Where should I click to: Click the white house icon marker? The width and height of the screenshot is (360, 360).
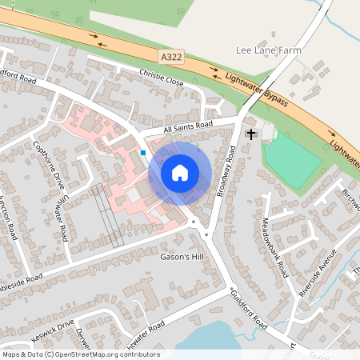tap(180, 172)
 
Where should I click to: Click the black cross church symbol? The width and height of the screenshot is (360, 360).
tap(250, 133)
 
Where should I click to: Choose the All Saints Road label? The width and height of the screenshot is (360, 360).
tap(188, 127)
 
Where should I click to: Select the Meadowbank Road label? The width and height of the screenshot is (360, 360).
tap(274, 247)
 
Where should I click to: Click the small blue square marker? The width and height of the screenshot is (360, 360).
tap(143, 152)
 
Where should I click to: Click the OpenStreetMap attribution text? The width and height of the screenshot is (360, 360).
tap(80, 354)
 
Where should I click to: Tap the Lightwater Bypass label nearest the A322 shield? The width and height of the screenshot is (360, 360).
tap(256, 89)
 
